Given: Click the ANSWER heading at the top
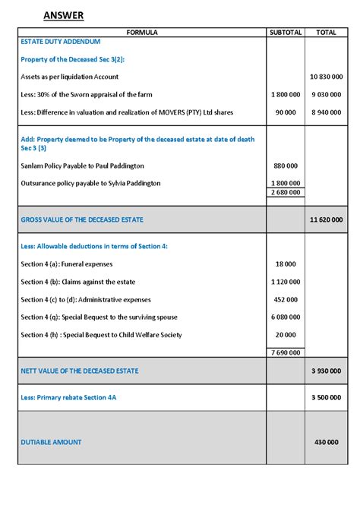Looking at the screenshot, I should click(x=63, y=15).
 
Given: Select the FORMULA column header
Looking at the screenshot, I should click(x=142, y=33).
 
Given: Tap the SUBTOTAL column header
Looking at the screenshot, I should click(x=286, y=33).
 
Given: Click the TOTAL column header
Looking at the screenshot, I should click(x=326, y=33).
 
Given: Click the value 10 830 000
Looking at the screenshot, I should click(x=326, y=77).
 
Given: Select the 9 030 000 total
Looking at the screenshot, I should click(x=326, y=95).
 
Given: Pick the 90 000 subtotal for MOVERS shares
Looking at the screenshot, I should click(x=286, y=112).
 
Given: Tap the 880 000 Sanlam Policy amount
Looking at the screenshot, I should click(x=286, y=166).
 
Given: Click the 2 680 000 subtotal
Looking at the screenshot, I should click(x=286, y=192).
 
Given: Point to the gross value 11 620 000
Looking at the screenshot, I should click(x=326, y=219).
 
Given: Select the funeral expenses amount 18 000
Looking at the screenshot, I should click(x=286, y=264).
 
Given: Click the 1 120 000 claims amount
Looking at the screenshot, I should click(x=286, y=282).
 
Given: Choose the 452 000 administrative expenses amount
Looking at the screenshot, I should click(x=286, y=299).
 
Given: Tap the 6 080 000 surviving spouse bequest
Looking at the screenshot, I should click(x=286, y=317).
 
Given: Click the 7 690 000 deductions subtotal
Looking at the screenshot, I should click(x=286, y=352).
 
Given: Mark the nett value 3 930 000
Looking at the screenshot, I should click(x=326, y=371).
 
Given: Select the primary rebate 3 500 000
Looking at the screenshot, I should click(x=326, y=397).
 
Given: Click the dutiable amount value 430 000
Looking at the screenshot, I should click(x=326, y=442).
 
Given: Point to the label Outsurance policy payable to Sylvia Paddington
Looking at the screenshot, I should click(x=91, y=183).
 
